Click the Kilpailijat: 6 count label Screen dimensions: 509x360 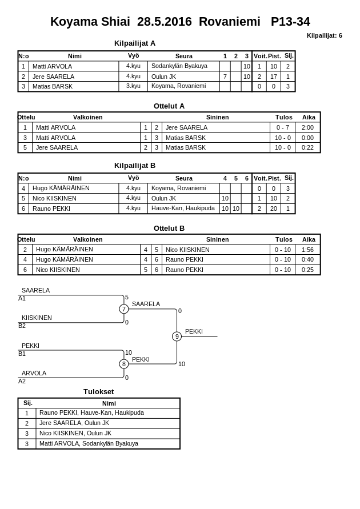(x=324, y=35)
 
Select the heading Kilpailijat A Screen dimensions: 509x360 (x=135, y=43)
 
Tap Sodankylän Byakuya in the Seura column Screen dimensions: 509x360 (x=179, y=66)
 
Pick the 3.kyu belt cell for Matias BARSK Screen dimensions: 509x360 (x=133, y=86)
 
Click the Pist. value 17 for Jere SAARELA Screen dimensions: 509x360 (x=274, y=77)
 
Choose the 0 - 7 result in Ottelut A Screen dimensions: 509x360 (x=282, y=128)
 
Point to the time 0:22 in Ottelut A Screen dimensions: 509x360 (x=307, y=147)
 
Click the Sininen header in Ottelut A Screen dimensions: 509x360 (x=217, y=117)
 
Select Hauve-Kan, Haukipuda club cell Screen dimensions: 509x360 (x=183, y=209)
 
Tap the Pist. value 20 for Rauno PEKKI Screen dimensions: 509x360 (x=274, y=209)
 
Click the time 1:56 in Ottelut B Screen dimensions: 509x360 (x=307, y=250)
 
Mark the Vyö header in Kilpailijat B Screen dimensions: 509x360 (x=133, y=178)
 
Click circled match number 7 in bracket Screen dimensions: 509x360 (x=123, y=309)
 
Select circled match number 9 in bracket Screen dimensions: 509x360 (x=177, y=336)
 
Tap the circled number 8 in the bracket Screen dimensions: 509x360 (x=123, y=364)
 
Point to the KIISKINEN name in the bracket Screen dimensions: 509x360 (x=37, y=318)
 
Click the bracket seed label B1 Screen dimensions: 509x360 (x=22, y=354)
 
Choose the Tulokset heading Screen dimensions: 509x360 (x=98, y=391)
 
